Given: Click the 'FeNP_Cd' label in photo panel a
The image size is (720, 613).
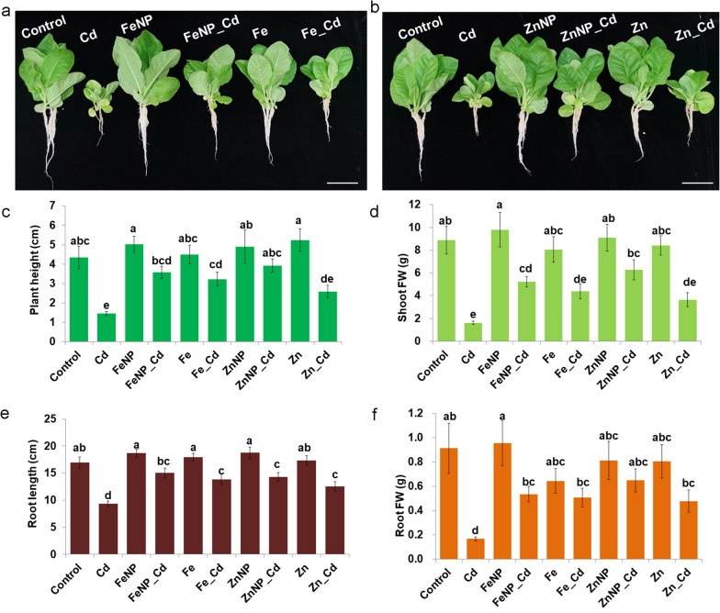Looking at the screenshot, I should coord(208,38).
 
